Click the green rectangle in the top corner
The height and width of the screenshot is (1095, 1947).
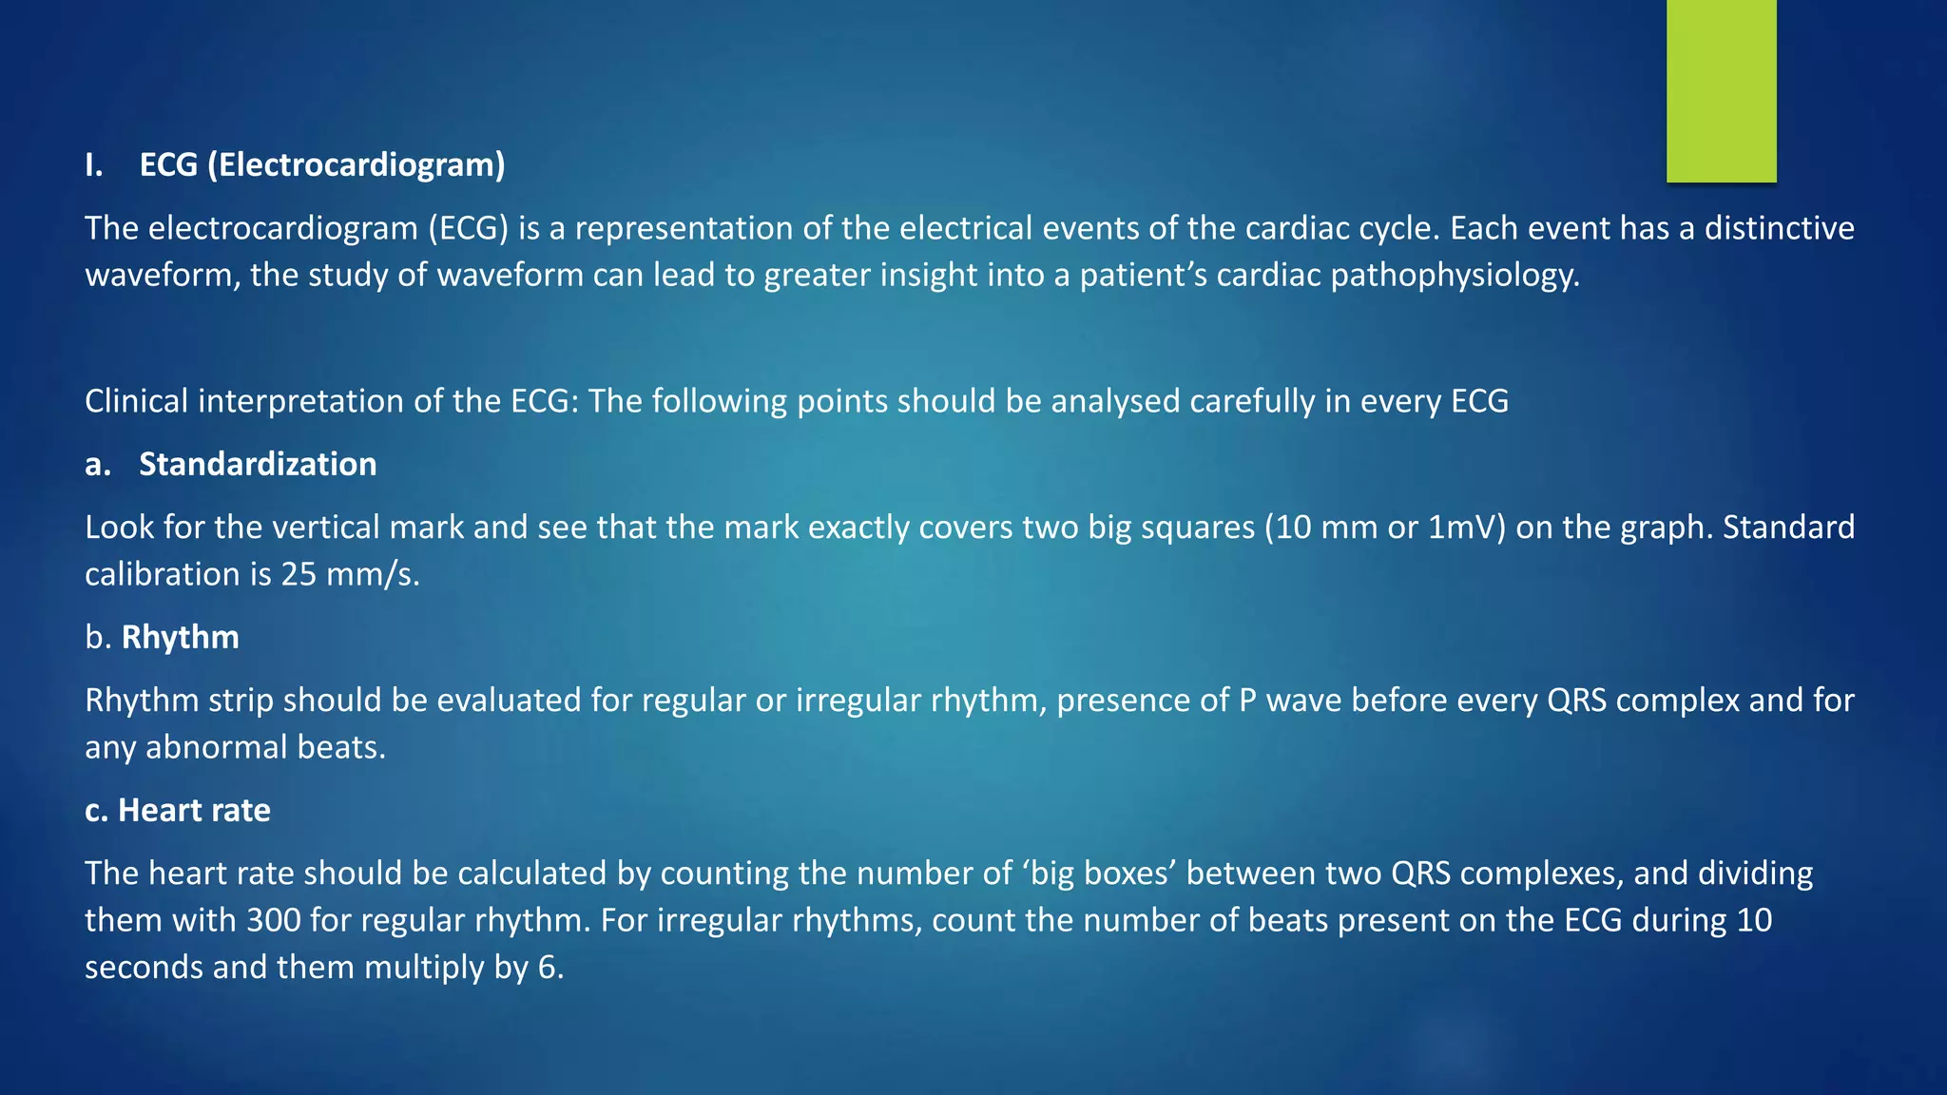tap(1721, 91)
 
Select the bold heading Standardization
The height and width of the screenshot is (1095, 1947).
tap(258, 464)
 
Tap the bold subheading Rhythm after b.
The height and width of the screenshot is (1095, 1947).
tap(181, 637)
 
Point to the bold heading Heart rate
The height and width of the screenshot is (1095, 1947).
tap(194, 810)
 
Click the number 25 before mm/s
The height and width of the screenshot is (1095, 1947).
tap(299, 574)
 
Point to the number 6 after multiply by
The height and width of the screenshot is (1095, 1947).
tap(549, 968)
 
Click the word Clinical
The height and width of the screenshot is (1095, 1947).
tap(137, 401)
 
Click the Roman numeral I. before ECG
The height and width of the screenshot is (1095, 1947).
tap(93, 164)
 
